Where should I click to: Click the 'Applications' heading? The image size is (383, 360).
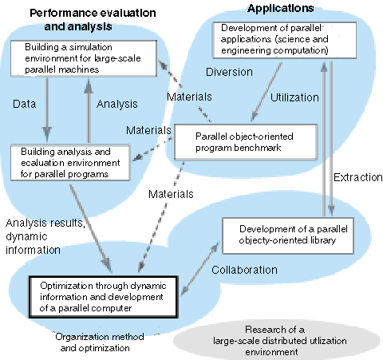(x=281, y=8)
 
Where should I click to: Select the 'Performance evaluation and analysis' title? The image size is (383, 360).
(x=93, y=20)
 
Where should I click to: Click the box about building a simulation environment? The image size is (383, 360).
(x=84, y=58)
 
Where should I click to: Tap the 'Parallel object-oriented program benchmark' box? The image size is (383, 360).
(x=246, y=142)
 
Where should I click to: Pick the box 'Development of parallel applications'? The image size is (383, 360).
(x=284, y=40)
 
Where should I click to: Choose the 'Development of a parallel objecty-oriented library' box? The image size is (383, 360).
(x=288, y=235)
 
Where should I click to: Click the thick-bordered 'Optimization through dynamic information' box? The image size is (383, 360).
(x=103, y=297)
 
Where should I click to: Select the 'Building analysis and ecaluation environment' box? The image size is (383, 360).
(x=70, y=163)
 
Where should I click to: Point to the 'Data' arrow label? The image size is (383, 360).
(x=24, y=104)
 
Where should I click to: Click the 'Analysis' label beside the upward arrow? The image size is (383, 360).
(x=117, y=104)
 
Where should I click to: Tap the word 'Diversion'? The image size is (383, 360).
(x=229, y=72)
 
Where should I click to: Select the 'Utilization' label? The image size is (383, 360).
(x=294, y=97)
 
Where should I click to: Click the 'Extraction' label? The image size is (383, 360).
(x=358, y=177)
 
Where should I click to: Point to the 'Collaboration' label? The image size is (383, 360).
(x=244, y=270)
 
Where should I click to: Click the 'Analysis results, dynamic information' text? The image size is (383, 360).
(x=45, y=236)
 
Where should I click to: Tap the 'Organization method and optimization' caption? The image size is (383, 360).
(x=100, y=342)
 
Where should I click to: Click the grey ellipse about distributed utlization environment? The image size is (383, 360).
(x=277, y=341)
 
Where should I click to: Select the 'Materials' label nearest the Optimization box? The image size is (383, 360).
(x=171, y=194)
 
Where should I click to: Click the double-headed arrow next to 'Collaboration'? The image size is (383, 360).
(x=199, y=270)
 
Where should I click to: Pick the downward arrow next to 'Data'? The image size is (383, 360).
(x=47, y=109)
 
